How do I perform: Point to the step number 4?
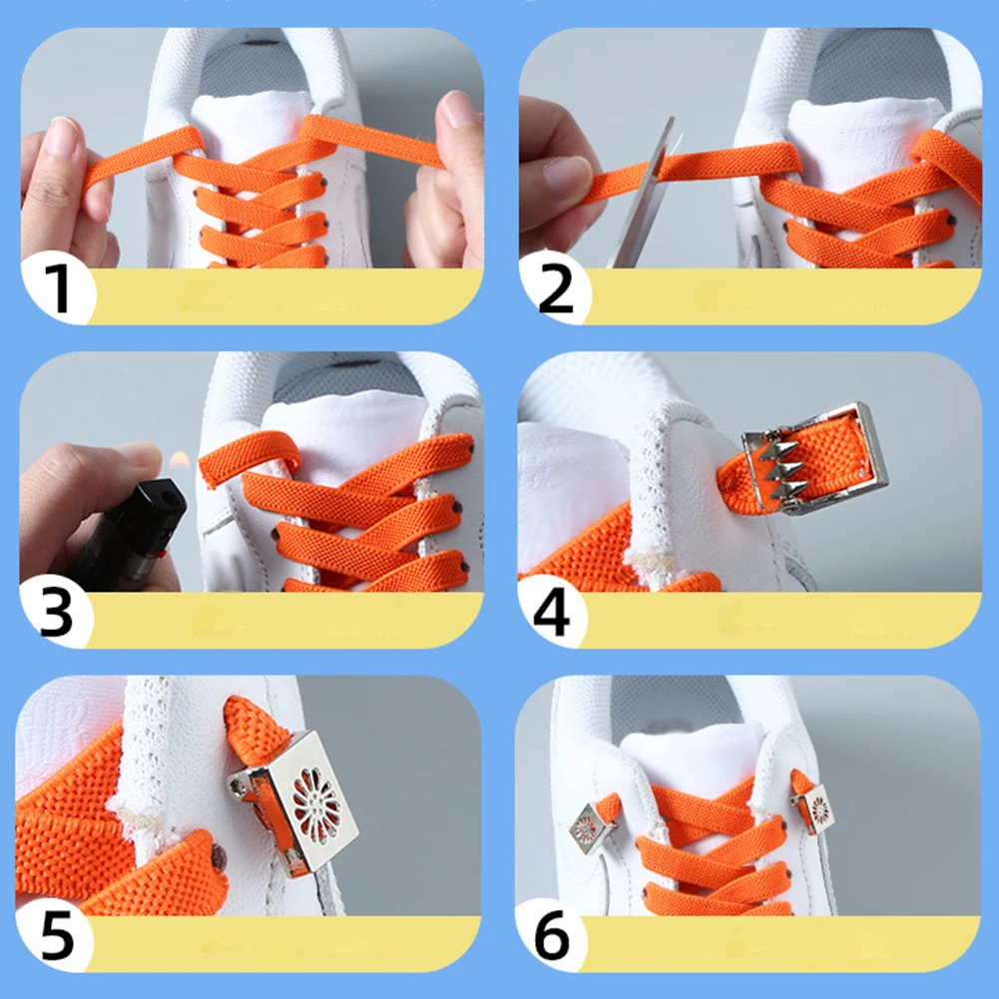(x=552, y=612)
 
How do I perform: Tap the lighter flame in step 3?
(x=179, y=461)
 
